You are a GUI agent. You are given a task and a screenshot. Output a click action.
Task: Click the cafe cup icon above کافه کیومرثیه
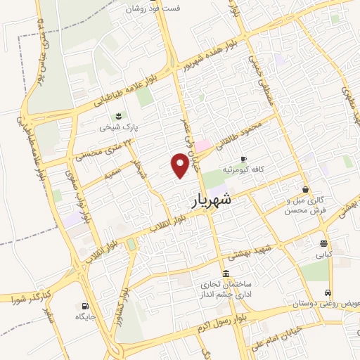tap(244, 160)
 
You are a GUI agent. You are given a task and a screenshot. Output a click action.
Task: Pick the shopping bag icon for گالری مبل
tap(305, 189)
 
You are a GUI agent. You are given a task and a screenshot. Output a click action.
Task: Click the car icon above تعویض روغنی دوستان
tap(328, 292)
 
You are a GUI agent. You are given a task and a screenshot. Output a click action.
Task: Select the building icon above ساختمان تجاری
tap(225, 274)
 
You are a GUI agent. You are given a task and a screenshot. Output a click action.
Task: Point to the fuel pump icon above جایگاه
tap(85, 306)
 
